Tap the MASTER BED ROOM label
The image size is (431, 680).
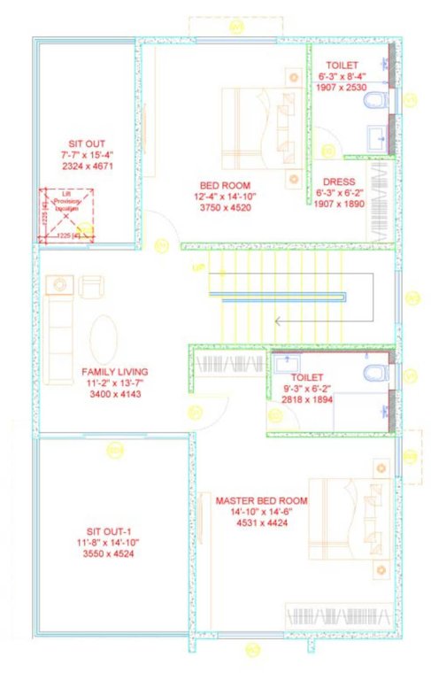[261, 500]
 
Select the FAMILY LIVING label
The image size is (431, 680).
[115, 371]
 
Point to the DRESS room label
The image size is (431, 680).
[339, 182]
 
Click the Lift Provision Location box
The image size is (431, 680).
[65, 213]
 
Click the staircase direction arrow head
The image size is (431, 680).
[276, 321]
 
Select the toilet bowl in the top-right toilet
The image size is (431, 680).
[375, 99]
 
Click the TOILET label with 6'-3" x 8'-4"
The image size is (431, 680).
[342, 66]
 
